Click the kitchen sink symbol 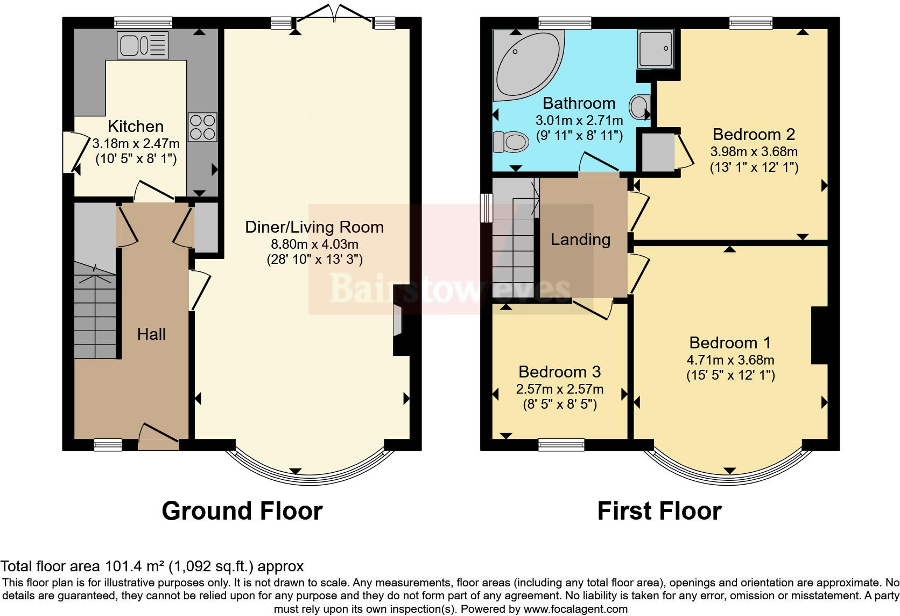(143, 45)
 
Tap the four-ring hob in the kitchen (202, 127)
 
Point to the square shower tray (655, 48)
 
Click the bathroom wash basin (639, 107)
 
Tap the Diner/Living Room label (314, 227)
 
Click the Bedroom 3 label (559, 372)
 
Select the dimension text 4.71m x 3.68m (730, 360)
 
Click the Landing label (580, 240)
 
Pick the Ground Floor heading (242, 510)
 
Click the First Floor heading (659, 510)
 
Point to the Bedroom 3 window (561, 445)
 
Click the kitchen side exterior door (70, 152)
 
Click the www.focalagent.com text (575, 609)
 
